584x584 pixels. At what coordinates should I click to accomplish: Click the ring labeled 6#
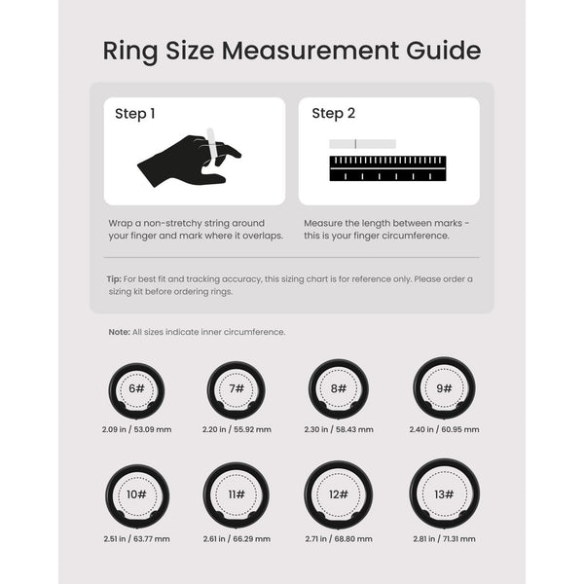point(136,389)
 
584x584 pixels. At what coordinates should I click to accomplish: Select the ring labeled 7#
point(237,389)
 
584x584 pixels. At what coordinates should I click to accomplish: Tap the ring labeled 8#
point(339,388)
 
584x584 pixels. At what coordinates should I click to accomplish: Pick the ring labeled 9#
point(444,388)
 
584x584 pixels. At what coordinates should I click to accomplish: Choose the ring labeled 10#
point(136,495)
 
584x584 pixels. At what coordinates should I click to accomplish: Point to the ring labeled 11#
point(237,495)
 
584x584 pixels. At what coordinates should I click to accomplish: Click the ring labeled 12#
point(339,494)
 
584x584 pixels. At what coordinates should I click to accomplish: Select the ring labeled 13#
point(444,494)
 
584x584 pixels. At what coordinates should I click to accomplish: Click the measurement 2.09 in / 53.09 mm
point(136,429)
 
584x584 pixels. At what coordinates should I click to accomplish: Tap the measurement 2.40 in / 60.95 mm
point(444,429)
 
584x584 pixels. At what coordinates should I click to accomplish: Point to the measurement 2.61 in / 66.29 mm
point(237,538)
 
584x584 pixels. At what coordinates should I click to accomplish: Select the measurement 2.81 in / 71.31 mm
point(444,538)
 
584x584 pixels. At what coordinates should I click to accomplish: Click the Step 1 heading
point(135,114)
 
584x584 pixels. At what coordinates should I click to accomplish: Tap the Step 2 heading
point(334,114)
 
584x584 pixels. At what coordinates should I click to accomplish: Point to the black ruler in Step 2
point(387,168)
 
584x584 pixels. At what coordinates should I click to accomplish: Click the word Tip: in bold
point(114,279)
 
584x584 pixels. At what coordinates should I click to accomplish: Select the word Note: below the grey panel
point(120,332)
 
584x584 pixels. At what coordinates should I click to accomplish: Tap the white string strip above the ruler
point(362,144)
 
